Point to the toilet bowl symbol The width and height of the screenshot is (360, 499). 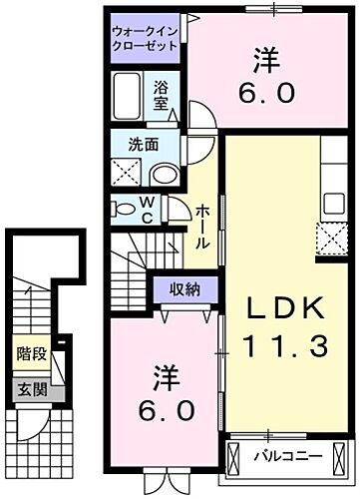pyautogui.click(x=125, y=209)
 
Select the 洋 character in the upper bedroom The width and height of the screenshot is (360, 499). pyautogui.click(x=264, y=60)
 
